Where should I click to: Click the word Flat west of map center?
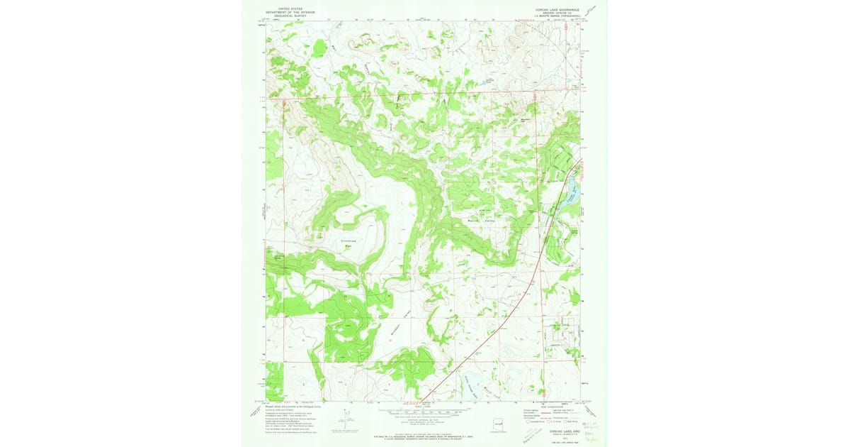(x=348, y=248)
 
